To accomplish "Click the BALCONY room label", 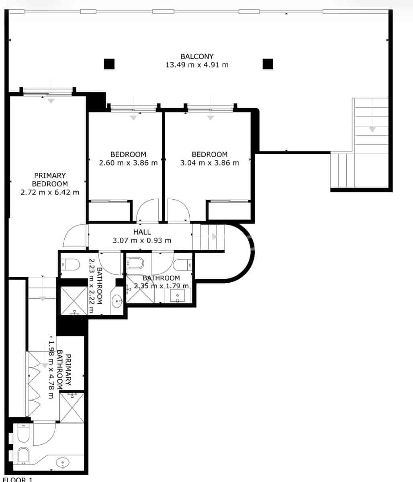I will [197, 56].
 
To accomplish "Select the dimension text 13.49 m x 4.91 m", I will [197, 65].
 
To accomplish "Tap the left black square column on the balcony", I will [109, 64].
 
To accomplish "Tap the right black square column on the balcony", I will [268, 64].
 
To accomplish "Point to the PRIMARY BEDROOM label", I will [50, 180].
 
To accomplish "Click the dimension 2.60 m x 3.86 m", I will [128, 163].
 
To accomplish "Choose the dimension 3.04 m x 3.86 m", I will [209, 163].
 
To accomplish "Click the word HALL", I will [142, 232].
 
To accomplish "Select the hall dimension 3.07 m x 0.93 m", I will [142, 241].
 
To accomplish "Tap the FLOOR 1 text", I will [16, 479].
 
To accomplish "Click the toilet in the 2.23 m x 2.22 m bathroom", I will [70, 264].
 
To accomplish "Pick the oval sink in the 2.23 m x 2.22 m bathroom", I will [117, 300].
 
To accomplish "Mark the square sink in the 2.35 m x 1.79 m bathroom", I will [177, 296].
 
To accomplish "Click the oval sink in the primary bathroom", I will [63, 463].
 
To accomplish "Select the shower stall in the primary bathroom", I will [72, 407].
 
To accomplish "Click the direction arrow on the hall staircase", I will [214, 237].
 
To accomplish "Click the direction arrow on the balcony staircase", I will [372, 129].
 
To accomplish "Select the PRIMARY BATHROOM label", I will [64, 370].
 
